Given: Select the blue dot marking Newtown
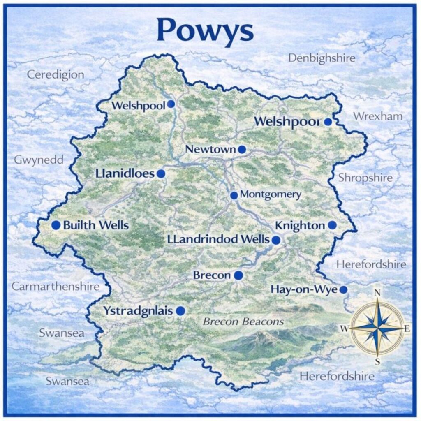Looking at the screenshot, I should coord(242,150).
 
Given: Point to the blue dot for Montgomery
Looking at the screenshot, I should coord(234,195).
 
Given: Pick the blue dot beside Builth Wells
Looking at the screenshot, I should coord(56,225).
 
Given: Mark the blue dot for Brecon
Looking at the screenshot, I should coord(238,275).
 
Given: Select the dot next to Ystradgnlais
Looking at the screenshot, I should coord(180,311).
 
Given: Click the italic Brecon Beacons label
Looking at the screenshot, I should coord(243,322).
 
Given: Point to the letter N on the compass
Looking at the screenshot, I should coord(377,293).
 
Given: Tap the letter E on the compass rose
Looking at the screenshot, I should coord(407,328).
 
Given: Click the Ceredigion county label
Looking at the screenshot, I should coord(56,75).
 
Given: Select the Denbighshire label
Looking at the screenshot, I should coord(322,58).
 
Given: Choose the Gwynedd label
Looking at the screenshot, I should coord(39,160).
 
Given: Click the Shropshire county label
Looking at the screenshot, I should coord(365,178).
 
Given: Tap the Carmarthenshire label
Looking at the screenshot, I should coord(56,287).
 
